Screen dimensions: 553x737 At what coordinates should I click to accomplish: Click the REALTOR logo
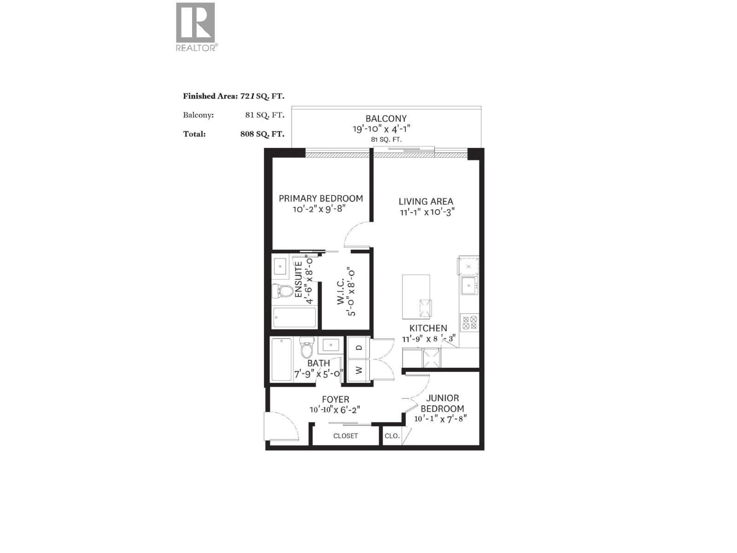pyautogui.click(x=196, y=27)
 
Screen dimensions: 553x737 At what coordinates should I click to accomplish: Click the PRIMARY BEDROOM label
pyautogui.click(x=321, y=199)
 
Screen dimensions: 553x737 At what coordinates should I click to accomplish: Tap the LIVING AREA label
pyautogui.click(x=426, y=201)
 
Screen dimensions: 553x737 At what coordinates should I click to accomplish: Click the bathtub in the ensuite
pyautogui.click(x=294, y=318)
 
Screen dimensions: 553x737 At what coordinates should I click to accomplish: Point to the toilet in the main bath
pyautogui.click(x=306, y=348)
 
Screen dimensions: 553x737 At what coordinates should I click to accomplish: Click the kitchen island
pyautogui.click(x=416, y=297)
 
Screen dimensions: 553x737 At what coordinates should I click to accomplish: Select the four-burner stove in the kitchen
pyautogui.click(x=469, y=322)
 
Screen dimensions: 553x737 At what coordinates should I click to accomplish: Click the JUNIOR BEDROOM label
pyautogui.click(x=442, y=403)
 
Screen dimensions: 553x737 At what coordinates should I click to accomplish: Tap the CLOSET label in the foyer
pyautogui.click(x=345, y=436)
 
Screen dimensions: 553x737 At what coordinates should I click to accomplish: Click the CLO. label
pyautogui.click(x=392, y=436)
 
